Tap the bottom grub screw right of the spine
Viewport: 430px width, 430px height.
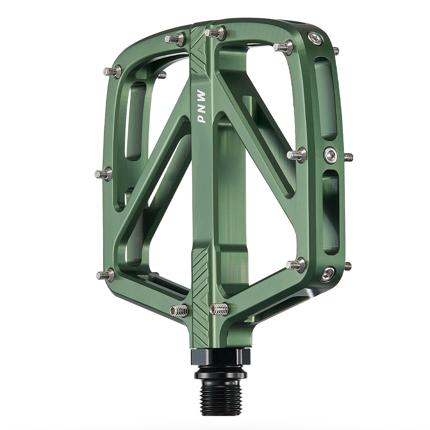click(218, 309)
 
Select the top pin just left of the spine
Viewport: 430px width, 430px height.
click(176, 37)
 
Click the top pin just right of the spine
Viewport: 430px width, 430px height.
click(215, 32)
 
